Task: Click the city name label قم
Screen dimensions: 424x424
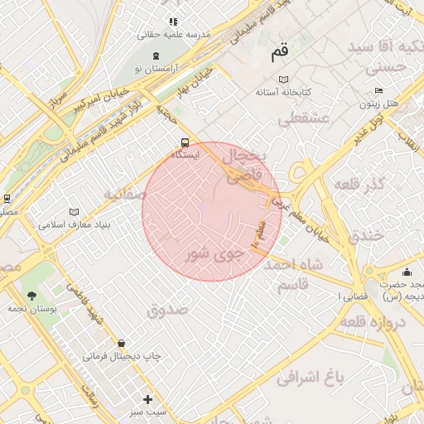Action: click(x=279, y=53)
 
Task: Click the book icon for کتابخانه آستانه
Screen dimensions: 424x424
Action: click(x=284, y=79)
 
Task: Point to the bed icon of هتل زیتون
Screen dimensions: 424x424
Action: click(x=378, y=90)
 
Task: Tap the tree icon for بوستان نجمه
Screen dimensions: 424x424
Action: click(x=31, y=295)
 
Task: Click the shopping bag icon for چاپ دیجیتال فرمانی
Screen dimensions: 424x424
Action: click(x=122, y=343)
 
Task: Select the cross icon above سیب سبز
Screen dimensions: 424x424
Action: click(x=148, y=399)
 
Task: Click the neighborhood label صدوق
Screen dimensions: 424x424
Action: click(x=168, y=309)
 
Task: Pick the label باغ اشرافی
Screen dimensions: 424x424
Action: click(x=310, y=378)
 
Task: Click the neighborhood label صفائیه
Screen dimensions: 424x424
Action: click(x=124, y=195)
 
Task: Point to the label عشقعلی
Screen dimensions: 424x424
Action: click(x=303, y=119)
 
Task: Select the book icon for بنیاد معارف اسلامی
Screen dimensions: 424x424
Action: click(x=75, y=211)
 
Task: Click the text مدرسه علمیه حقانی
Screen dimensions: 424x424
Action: click(x=175, y=35)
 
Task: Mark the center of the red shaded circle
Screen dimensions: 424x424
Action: click(x=212, y=211)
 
